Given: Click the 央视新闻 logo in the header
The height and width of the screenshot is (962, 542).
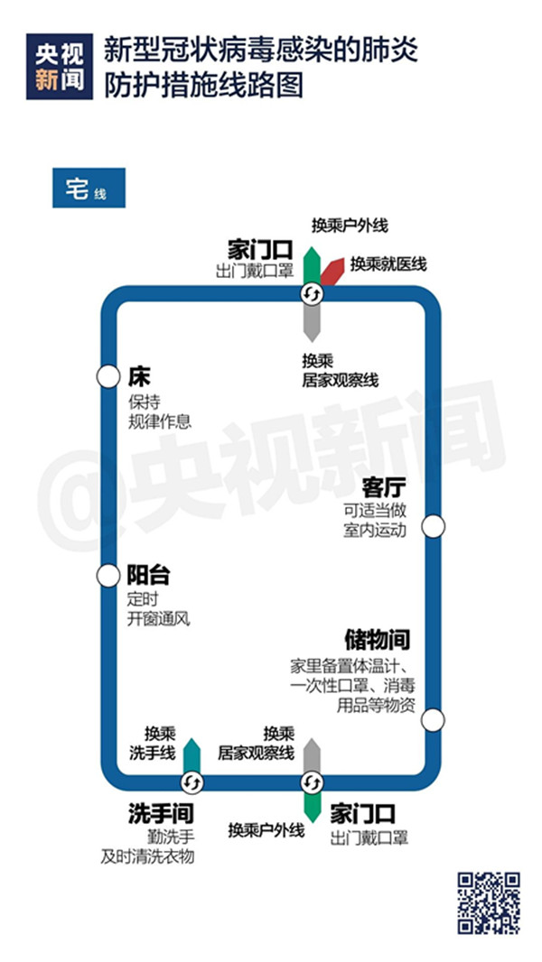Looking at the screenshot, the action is click(x=60, y=66).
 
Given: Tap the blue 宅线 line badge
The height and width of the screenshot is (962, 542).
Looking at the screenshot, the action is click(x=89, y=188).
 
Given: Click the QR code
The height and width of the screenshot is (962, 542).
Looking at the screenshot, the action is click(x=489, y=902).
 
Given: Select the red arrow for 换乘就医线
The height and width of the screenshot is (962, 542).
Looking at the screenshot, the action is click(x=332, y=272).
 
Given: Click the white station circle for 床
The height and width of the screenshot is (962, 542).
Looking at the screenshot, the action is click(x=108, y=376).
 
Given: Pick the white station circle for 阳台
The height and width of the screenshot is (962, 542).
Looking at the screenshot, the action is click(x=108, y=576).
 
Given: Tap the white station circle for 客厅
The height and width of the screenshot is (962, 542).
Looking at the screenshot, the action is click(x=434, y=526).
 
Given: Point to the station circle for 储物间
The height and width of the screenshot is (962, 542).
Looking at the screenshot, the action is click(x=433, y=720).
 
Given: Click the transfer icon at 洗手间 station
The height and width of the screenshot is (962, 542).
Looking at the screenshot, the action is click(x=192, y=782).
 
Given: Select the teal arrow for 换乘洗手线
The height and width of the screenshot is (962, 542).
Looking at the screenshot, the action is click(x=192, y=755).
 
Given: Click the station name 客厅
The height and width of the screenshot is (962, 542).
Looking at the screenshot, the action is click(x=382, y=490).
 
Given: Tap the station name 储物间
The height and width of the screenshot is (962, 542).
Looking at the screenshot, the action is click(x=377, y=641).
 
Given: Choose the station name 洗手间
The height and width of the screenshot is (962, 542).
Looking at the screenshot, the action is click(x=161, y=814).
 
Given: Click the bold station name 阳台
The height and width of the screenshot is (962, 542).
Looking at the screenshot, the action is click(x=148, y=576).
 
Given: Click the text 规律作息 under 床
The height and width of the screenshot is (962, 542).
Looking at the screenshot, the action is click(x=160, y=422).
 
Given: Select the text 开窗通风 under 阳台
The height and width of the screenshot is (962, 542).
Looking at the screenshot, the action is click(x=159, y=618).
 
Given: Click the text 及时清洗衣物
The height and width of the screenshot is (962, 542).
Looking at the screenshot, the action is click(x=147, y=856).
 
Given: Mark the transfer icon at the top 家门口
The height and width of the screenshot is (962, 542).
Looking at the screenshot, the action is click(x=312, y=294).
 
